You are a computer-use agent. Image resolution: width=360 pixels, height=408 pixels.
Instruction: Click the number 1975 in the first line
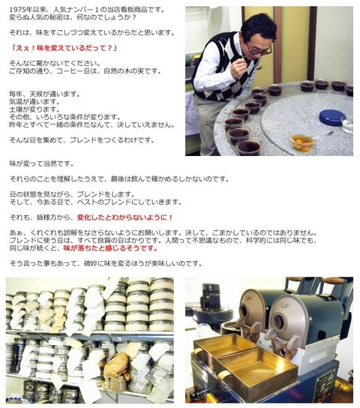point(16,10)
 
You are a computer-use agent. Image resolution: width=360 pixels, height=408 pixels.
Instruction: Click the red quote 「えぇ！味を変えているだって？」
point(64,48)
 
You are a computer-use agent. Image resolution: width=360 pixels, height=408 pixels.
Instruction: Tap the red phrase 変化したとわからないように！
point(125,217)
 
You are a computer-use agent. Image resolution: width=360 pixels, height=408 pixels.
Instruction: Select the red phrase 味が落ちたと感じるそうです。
point(110,248)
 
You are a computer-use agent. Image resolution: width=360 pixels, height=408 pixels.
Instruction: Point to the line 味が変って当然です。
point(41,164)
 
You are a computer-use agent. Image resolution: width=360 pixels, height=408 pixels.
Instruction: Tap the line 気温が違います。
point(34,102)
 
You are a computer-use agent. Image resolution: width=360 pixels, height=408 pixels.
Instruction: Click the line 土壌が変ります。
point(34,109)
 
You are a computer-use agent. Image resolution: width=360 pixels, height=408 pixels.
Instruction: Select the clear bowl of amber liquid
point(302,142)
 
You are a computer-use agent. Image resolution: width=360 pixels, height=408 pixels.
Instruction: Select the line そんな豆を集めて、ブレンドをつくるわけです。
point(82,140)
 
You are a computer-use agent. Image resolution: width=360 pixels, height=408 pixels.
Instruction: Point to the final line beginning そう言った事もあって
point(106,263)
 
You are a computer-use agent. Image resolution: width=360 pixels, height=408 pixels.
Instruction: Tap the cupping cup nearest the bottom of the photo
point(249,148)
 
